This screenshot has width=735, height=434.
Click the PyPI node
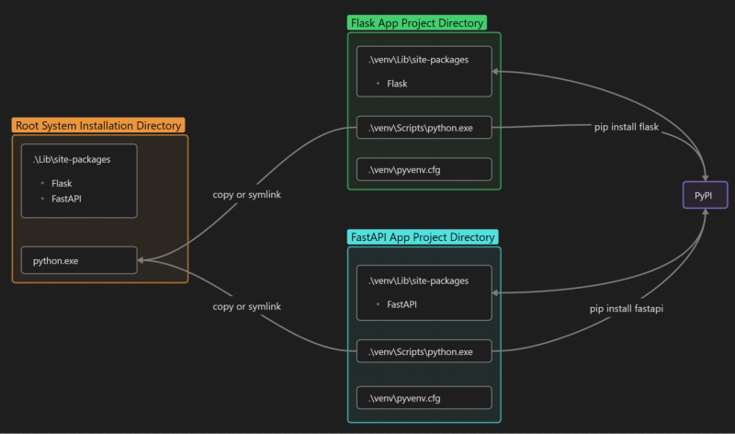coord(705,195)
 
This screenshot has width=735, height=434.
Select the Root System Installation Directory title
coord(99,125)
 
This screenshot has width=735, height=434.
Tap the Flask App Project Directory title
coord(417,23)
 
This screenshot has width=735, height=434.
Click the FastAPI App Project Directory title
coord(424,236)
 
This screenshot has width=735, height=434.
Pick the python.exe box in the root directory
coord(79,261)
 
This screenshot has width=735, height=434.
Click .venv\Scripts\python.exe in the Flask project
coord(424,128)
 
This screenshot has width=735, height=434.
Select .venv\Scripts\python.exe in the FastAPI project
coord(424,351)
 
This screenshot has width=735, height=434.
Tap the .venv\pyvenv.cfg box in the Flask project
coord(424,169)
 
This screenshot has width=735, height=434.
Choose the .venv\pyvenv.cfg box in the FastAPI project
coord(424,397)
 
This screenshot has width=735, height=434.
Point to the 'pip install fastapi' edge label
coord(626,309)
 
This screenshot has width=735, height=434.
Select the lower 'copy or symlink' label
coord(246,306)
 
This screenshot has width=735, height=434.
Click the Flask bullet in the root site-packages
coord(62,183)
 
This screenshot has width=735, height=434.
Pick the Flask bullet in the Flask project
coord(397,84)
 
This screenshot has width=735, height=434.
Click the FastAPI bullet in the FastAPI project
coord(402,303)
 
